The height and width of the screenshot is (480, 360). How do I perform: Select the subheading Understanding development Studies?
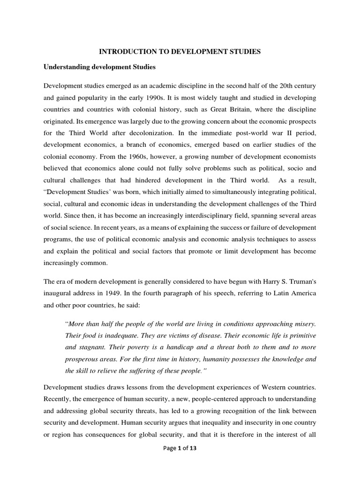click(99, 67)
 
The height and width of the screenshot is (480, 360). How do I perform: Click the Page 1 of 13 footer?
click(180, 460)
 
